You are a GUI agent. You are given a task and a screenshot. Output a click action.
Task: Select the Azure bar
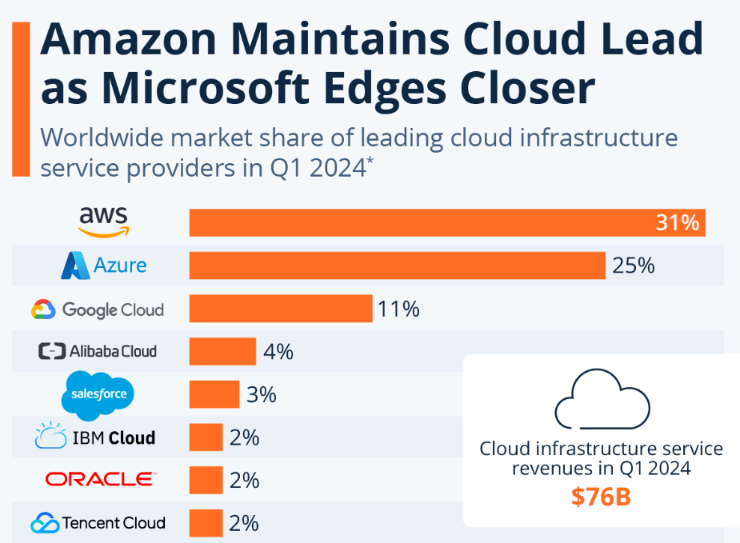[x=397, y=265]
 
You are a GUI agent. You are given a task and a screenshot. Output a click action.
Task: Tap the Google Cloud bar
[x=281, y=309]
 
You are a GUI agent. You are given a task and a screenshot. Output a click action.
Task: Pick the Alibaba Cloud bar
[x=222, y=351]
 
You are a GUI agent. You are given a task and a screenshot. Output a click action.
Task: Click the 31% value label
[x=678, y=222]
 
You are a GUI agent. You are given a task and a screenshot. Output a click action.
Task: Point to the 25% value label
[x=634, y=265]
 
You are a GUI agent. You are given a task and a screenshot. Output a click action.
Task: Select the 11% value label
[x=399, y=309]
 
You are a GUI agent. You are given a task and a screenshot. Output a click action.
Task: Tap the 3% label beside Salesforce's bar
[x=261, y=394]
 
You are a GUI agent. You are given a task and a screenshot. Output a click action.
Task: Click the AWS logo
[x=104, y=221]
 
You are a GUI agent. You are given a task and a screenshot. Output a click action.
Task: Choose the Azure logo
[x=104, y=266]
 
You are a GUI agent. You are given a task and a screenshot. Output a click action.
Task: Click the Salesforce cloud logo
[x=98, y=393]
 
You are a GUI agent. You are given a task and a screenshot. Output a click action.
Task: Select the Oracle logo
[x=100, y=480]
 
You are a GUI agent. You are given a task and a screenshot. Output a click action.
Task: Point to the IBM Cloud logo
[x=95, y=437]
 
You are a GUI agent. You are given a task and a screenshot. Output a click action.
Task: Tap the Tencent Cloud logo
[x=98, y=523]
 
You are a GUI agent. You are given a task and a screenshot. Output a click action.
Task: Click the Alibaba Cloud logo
[x=98, y=351]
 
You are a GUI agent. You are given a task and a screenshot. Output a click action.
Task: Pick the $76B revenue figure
[x=601, y=497]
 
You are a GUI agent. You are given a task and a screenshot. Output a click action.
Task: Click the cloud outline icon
[x=601, y=397]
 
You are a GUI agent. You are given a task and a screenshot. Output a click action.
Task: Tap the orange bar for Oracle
[x=206, y=480]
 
